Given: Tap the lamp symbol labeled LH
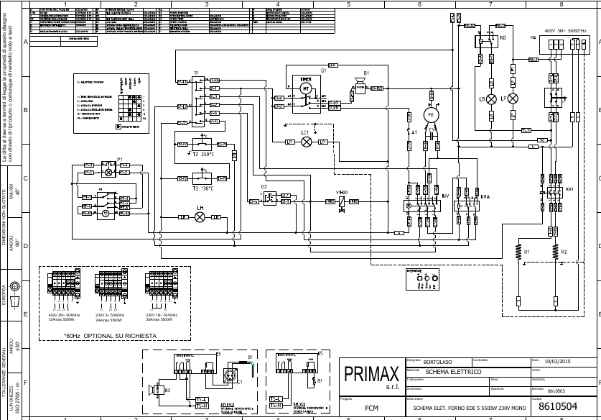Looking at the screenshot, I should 200,216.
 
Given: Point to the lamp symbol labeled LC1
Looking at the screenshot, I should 307,142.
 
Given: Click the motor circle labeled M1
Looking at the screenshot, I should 432,115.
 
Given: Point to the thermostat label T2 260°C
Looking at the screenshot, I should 204,155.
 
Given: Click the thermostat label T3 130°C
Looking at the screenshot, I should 204,188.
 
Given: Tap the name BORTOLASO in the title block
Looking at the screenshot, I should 438,361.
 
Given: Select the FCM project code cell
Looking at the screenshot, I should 371,408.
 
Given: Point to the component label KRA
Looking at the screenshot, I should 485,196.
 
